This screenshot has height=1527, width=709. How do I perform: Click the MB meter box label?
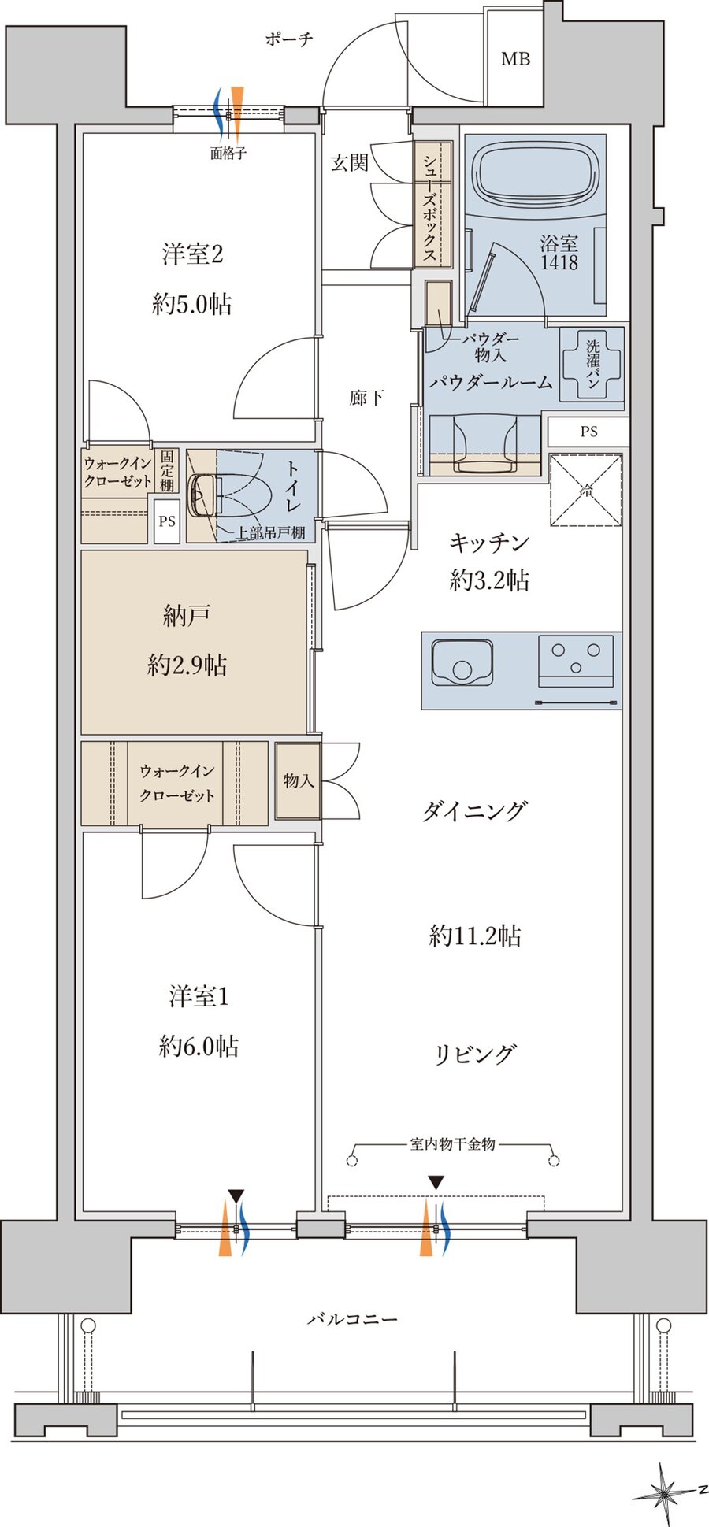click(x=515, y=59)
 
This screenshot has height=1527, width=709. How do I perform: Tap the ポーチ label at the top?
click(x=289, y=39)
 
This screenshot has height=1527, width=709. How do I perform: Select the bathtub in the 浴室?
click(x=534, y=174)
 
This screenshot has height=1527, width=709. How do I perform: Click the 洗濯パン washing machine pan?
click(x=592, y=363)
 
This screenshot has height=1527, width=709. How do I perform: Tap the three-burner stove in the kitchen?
click(x=577, y=660)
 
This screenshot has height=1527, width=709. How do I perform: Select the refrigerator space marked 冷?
click(x=586, y=490)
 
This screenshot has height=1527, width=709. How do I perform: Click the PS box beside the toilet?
click(x=166, y=521)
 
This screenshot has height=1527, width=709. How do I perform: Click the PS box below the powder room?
click(x=588, y=432)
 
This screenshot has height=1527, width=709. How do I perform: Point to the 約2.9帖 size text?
click(x=187, y=665)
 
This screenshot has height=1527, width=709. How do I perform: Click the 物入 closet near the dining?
click(x=299, y=780)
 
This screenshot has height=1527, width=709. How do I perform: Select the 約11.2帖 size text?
click(x=475, y=936)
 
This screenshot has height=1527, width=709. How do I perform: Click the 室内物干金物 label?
click(x=452, y=1143)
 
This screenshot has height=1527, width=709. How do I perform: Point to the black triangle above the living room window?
click(x=436, y=1182)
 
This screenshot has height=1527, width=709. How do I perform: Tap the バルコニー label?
click(x=352, y=1318)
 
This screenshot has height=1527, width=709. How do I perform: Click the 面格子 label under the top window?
click(x=228, y=154)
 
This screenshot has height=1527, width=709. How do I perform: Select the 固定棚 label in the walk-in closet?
click(x=167, y=470)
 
